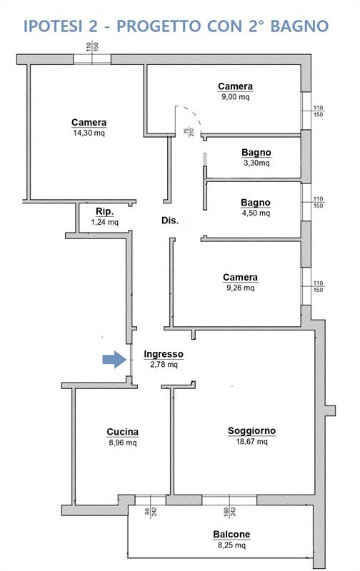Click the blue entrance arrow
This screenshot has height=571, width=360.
114,360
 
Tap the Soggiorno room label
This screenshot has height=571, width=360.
251,431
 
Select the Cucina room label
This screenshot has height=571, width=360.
122,432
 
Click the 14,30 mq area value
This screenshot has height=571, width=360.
89,133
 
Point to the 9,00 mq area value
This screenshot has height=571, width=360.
236,97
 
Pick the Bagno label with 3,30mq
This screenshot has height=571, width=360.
256,153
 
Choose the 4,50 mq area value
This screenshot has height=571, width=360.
256,213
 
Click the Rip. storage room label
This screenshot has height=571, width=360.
104,211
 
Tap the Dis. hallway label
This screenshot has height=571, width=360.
170,221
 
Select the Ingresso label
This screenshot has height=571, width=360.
164,354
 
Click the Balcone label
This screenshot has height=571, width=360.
231,534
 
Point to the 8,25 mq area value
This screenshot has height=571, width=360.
231,545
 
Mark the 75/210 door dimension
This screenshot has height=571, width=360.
189,131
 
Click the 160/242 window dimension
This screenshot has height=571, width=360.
229,512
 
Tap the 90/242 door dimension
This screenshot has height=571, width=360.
151,512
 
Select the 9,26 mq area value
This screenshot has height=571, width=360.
240,288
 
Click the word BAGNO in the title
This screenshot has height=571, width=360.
299,26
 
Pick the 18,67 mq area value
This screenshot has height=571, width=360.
251,442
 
